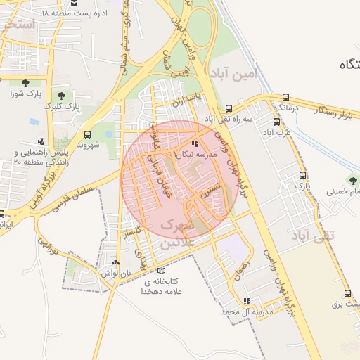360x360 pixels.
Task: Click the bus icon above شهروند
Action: (x=87, y=134)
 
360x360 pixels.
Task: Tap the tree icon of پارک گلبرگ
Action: (x=63, y=96)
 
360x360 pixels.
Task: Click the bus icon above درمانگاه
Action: (x=285, y=98)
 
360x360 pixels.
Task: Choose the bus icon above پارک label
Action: (x=302, y=175)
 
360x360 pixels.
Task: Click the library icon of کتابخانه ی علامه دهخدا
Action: (x=162, y=271)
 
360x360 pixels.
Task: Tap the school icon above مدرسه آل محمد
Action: (x=246, y=301)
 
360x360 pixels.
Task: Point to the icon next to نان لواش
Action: (x=115, y=262)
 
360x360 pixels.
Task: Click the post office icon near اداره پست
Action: (x=75, y=3)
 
